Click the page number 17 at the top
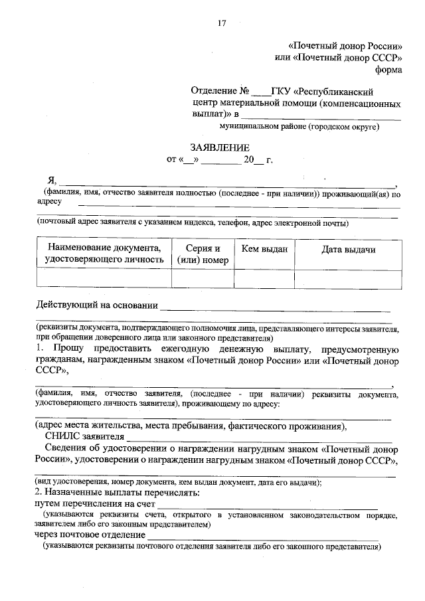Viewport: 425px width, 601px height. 222,25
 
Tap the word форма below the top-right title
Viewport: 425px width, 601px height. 388,69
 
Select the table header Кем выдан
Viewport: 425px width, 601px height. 264,249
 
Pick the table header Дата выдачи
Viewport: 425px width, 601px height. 348,249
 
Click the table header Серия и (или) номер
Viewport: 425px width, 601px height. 203,254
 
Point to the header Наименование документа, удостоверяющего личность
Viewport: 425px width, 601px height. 104,254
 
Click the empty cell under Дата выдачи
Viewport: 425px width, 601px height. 348,279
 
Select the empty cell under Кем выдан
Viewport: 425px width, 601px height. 264,279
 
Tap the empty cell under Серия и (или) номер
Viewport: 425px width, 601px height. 203,279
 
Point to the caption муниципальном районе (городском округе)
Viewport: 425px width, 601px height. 299,126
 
